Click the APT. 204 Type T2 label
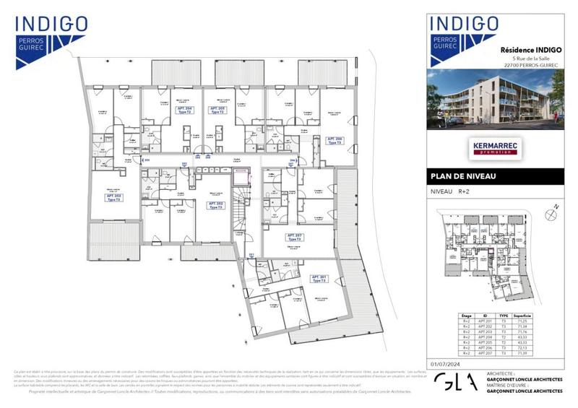pos(184,110)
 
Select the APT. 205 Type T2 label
pos(217,110)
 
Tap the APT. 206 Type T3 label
pos(334,141)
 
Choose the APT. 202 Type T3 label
pos(215,205)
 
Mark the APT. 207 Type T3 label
pos(294,238)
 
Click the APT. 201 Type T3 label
pos(319,279)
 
